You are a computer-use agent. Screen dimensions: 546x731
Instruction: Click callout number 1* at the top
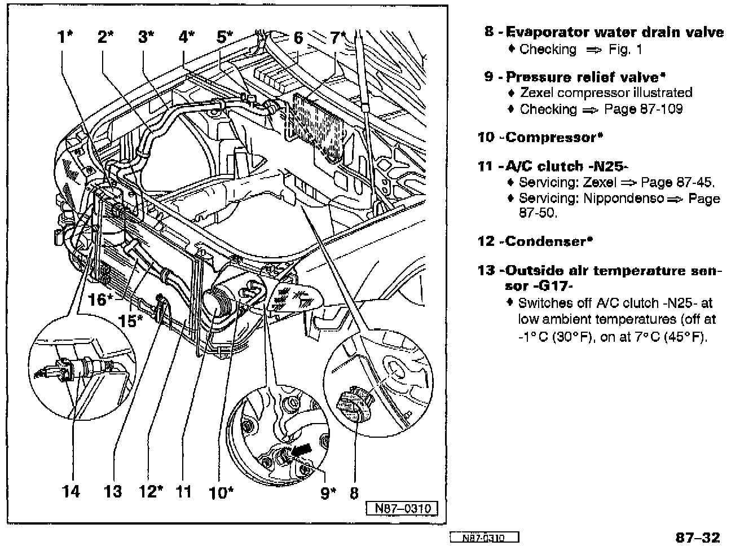pyautogui.click(x=65, y=37)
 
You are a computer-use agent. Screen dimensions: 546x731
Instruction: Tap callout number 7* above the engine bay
pyautogui.click(x=338, y=37)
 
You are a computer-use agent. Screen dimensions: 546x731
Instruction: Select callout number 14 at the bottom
pyautogui.click(x=71, y=491)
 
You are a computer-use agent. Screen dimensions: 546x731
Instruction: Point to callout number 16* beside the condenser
pyautogui.click(x=100, y=300)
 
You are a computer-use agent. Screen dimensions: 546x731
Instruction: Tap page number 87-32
pyautogui.click(x=697, y=536)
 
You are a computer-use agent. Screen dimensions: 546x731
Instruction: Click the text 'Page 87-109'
pyautogui.click(x=643, y=109)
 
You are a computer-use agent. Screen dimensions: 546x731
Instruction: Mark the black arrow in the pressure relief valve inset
pyautogui.click(x=302, y=448)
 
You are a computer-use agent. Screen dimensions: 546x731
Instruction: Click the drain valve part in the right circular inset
pyautogui.click(x=353, y=401)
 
